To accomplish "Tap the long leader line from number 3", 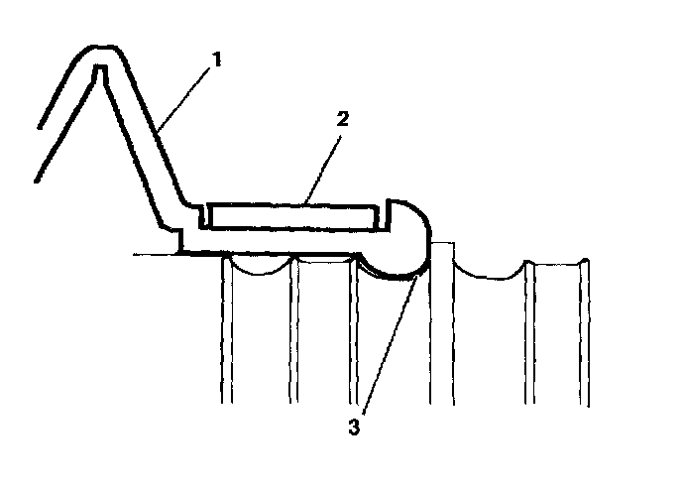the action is (x=390, y=342).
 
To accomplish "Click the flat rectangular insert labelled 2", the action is (x=288, y=214).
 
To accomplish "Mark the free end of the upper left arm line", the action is (x=39, y=128).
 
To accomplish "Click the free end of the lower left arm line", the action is (x=34, y=182).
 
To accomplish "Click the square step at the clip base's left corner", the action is (x=182, y=239).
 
